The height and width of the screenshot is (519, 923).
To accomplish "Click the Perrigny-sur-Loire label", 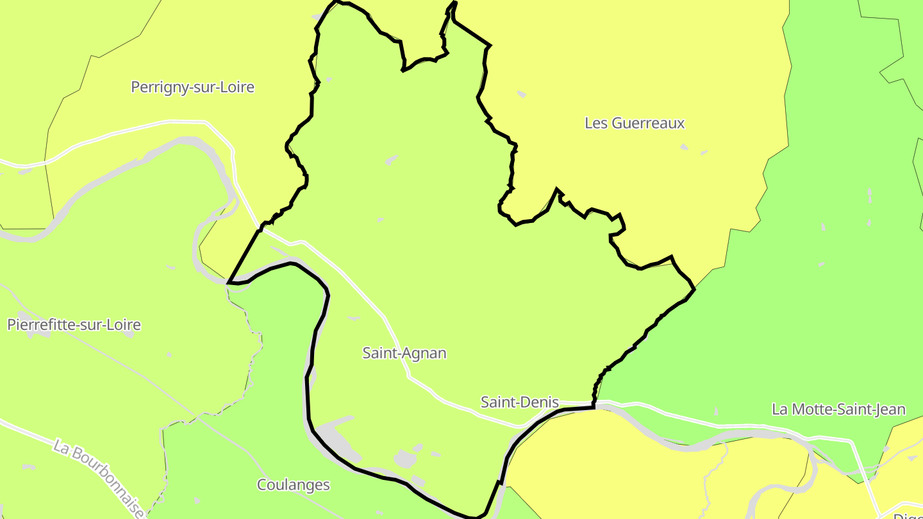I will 192,87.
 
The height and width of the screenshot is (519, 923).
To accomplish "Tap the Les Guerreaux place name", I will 635,123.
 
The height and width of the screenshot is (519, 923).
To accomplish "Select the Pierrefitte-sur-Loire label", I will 74,325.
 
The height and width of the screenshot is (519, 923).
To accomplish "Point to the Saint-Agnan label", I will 404,353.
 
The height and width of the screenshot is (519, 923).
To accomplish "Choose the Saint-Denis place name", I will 520,402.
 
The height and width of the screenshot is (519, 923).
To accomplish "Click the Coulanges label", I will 294,485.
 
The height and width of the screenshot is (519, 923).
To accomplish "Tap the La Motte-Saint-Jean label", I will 838,409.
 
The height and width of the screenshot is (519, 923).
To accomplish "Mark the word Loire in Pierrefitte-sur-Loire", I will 124,325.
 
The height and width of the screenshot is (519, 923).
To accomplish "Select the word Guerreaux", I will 648,123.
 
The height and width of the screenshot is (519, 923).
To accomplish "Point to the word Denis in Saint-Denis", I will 540,402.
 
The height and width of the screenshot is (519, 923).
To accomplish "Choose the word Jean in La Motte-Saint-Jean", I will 890,409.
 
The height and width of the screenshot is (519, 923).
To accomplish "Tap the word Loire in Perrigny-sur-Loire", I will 238,87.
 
